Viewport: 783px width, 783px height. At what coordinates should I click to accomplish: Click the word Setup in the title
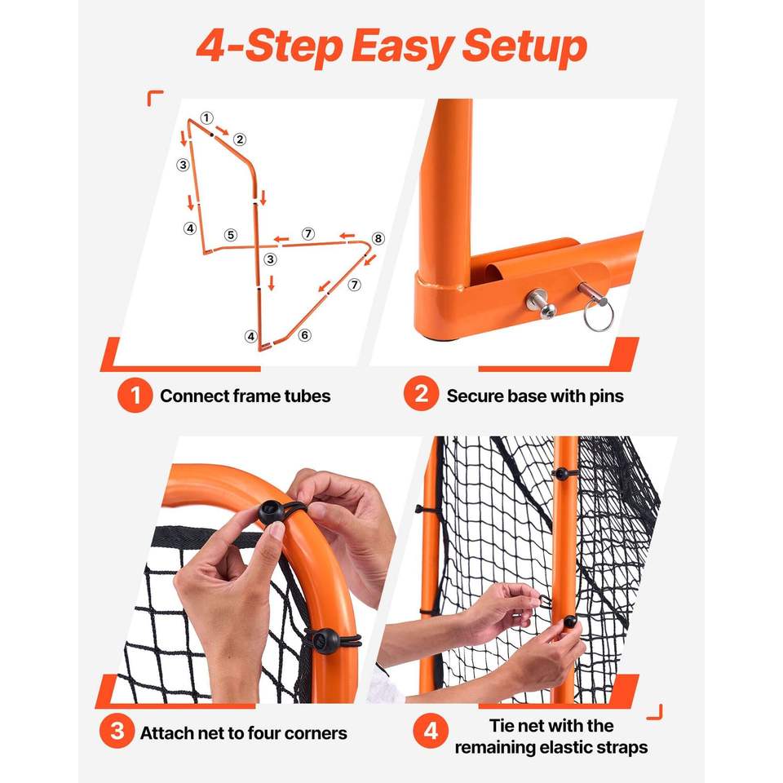[524, 46]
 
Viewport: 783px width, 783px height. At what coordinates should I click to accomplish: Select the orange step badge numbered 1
[135, 396]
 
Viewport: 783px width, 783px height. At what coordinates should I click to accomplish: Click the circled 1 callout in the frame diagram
[206, 117]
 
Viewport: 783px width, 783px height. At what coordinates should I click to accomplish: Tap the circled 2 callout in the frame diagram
[240, 139]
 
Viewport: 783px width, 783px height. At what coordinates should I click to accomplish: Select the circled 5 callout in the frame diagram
[230, 235]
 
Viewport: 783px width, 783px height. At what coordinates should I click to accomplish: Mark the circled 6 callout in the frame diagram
[304, 335]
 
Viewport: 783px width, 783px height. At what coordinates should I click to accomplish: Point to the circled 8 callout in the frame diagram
[378, 239]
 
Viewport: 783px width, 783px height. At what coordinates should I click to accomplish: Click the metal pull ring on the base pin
[598, 316]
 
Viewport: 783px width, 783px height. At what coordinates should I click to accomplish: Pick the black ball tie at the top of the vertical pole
[561, 473]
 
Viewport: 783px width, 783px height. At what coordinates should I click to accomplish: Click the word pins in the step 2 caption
[606, 396]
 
